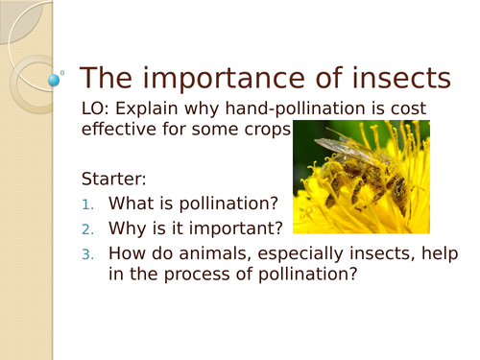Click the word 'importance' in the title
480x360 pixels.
click(231, 80)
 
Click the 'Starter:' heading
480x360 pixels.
click(114, 179)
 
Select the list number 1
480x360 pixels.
click(87, 204)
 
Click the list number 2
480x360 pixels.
click(87, 229)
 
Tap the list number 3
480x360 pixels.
click(87, 254)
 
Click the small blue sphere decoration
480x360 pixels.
click(54, 81)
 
